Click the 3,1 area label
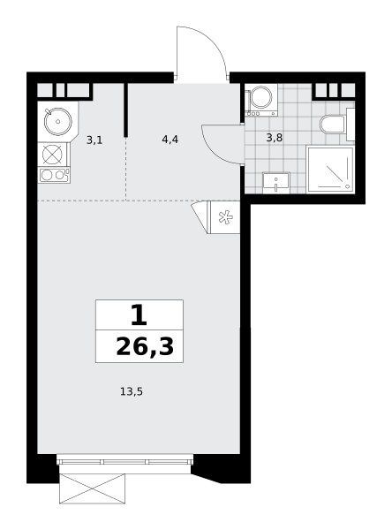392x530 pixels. [x=94, y=140]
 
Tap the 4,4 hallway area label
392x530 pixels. [x=170, y=139]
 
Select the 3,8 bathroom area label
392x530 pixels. [x=274, y=138]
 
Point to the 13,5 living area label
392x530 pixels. [x=132, y=391]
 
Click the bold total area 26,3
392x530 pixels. [x=145, y=347]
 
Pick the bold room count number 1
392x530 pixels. [x=139, y=314]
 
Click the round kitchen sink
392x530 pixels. [x=58, y=121]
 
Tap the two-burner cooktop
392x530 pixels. [x=54, y=175]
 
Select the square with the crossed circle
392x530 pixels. [x=52, y=155]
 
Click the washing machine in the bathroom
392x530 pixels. [x=261, y=100]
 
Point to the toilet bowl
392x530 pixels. [x=332, y=125]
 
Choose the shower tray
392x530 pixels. [x=330, y=169]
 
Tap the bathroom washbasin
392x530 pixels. [x=276, y=183]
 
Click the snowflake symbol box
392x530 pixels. [x=225, y=217]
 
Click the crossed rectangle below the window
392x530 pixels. [x=92, y=488]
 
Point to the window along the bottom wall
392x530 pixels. [x=124, y=459]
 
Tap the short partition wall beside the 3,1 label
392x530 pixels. [x=125, y=110]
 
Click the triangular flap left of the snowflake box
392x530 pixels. [x=201, y=217]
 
